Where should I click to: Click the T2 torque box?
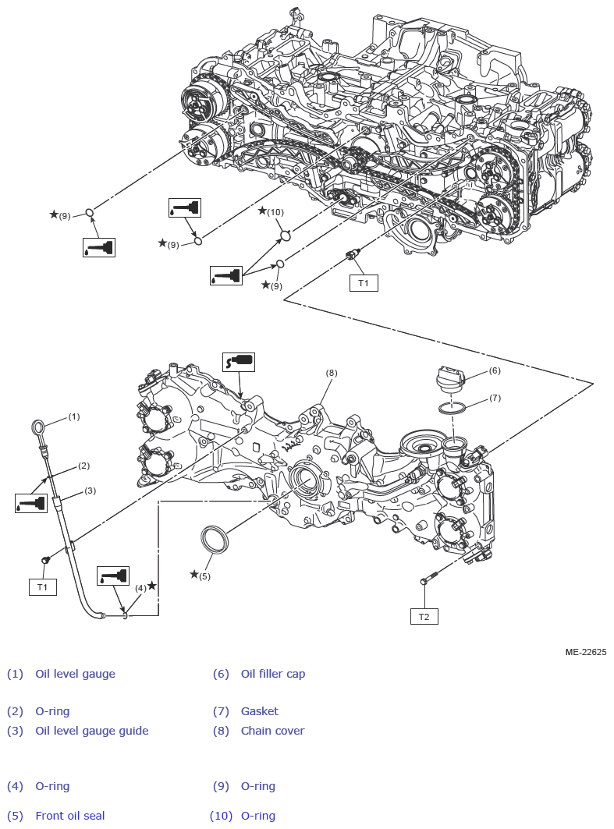424,616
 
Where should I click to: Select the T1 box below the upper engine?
364,283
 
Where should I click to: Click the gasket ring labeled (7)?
453,407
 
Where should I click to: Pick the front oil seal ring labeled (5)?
215,539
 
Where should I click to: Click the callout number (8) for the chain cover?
332,373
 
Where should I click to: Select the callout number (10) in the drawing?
275,212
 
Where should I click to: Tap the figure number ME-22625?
585,652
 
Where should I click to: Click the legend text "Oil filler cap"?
272,674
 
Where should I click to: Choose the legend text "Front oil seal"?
69,816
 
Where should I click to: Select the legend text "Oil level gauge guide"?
91,731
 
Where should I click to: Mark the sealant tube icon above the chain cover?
239,362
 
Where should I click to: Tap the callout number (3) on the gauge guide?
90,491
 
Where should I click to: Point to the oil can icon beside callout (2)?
31,503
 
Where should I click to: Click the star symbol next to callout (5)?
194,574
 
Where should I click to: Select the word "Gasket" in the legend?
259,711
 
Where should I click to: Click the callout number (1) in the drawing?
74,416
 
